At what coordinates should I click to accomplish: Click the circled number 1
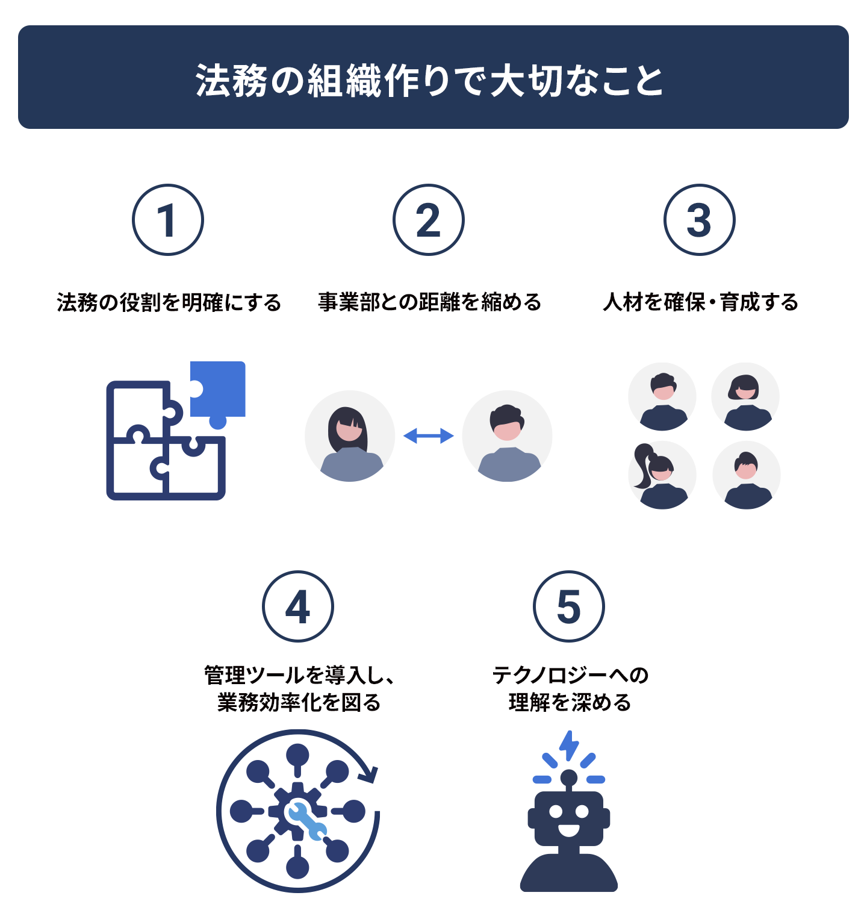(x=168, y=220)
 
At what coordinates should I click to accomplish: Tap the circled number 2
(x=429, y=220)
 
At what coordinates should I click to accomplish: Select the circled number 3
(x=700, y=220)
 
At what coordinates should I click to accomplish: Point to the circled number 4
(x=298, y=606)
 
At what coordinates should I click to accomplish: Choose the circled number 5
(x=569, y=606)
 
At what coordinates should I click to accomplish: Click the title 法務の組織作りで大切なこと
(x=429, y=80)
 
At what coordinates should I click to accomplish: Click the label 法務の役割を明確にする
(x=169, y=302)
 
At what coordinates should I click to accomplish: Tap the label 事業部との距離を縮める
(x=430, y=302)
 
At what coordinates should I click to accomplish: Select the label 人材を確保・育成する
(x=701, y=302)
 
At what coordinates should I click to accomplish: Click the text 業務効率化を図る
(x=299, y=702)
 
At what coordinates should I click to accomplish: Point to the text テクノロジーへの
(x=570, y=675)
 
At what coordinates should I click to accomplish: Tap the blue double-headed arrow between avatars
(x=429, y=436)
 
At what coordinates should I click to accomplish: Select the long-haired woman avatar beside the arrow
(x=350, y=436)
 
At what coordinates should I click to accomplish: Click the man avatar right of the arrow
(x=508, y=436)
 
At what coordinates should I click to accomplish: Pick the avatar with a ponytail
(x=662, y=476)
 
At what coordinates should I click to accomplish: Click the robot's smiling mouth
(x=569, y=830)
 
